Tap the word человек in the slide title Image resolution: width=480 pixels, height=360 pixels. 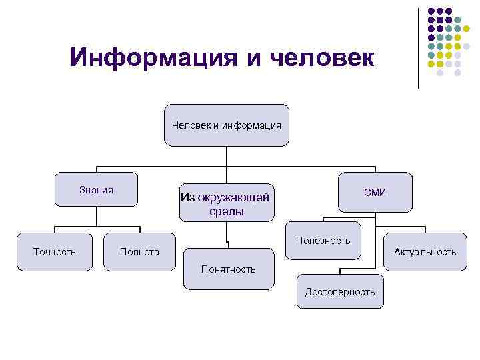click(x=322, y=57)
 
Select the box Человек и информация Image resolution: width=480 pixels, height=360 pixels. click(x=227, y=125)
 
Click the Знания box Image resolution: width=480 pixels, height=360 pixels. click(x=97, y=190)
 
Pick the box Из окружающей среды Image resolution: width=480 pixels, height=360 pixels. click(x=227, y=203)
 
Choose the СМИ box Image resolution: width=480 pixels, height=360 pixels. click(x=375, y=193)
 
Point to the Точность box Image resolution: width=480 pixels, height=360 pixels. click(x=55, y=251)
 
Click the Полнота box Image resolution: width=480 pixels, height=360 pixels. click(x=139, y=251)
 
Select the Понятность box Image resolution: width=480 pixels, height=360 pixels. click(x=228, y=269)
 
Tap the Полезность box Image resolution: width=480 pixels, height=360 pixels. click(x=323, y=241)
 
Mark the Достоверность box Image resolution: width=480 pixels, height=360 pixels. click(x=340, y=291)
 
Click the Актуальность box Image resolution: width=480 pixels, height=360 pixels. click(x=425, y=251)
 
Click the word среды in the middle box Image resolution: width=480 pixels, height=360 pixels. click(x=226, y=212)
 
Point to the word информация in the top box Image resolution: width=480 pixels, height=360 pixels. click(x=253, y=125)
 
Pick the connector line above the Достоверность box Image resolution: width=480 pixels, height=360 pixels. click(x=341, y=267)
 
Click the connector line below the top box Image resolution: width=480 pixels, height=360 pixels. click(x=227, y=155)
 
